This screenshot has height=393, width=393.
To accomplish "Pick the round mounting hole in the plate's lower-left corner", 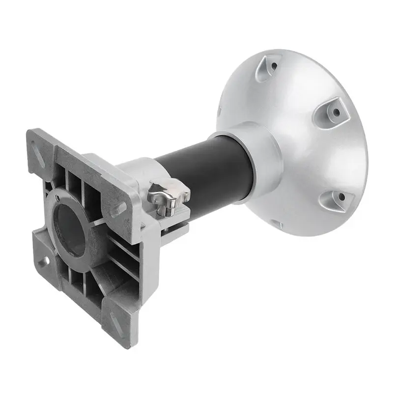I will point(42,260).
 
